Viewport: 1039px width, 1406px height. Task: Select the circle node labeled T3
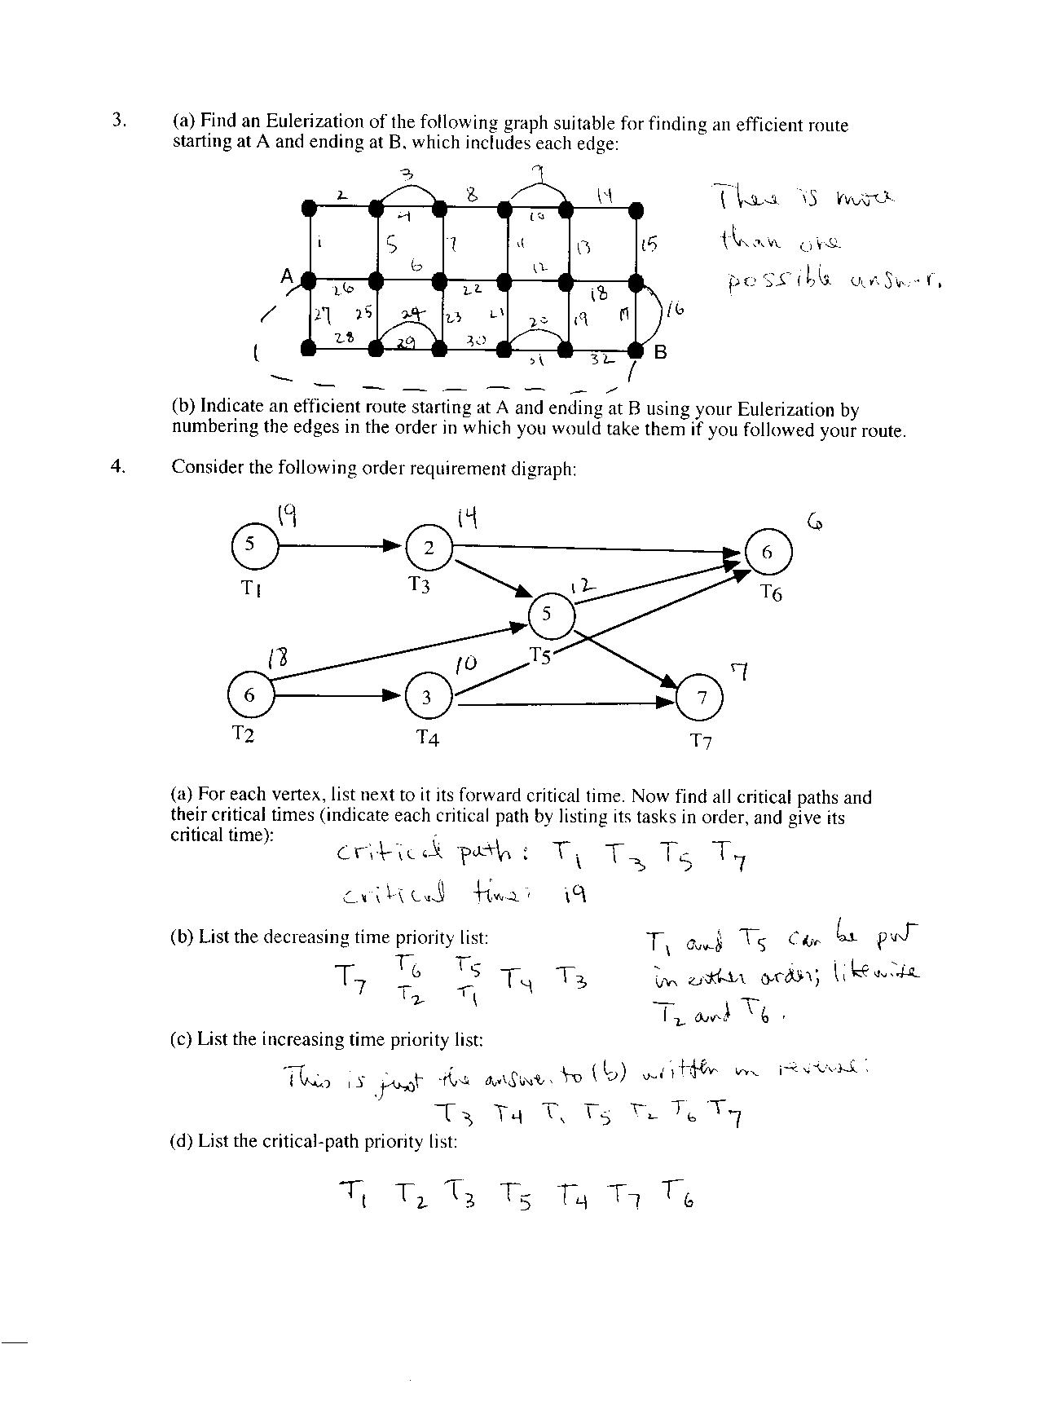pos(429,547)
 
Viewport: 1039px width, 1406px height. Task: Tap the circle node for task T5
pos(547,614)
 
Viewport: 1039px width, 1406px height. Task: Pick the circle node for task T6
pos(767,552)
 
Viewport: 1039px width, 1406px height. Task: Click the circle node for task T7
pos(701,697)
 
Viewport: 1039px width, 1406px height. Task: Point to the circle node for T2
pos(250,695)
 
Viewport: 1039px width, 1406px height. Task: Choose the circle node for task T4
pos(426,697)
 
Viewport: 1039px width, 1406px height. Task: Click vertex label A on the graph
pos(287,275)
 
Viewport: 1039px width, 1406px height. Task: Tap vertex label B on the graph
pos(660,353)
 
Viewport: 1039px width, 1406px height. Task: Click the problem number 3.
pos(119,121)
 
